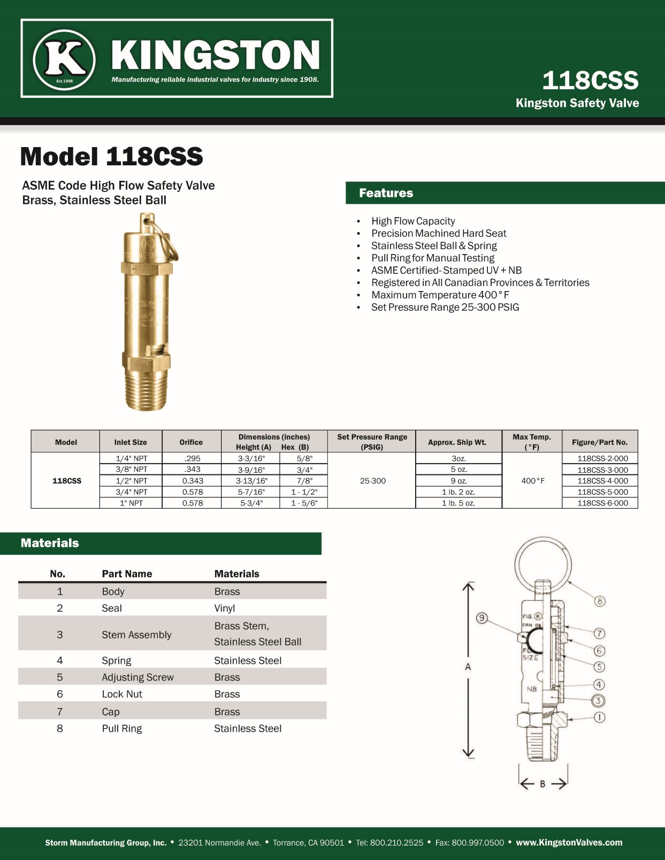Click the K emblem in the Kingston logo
click(x=64, y=59)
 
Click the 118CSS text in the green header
click(x=590, y=81)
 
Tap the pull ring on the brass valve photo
click(x=170, y=241)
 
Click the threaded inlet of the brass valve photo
click(x=147, y=390)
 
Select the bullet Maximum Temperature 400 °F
click(x=440, y=295)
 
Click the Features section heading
click(x=386, y=193)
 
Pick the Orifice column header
click(x=191, y=442)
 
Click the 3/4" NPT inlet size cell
click(x=131, y=492)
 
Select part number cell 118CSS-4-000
click(x=602, y=481)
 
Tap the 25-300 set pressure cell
click(x=372, y=481)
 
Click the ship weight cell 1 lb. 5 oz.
click(x=458, y=503)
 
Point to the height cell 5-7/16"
click(x=251, y=492)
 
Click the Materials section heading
click(x=50, y=543)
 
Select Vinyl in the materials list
click(x=225, y=608)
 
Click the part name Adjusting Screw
click(x=137, y=677)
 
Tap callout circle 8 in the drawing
click(x=600, y=601)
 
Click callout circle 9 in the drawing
click(x=482, y=618)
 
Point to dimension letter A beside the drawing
click(x=468, y=667)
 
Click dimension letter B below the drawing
click(x=542, y=784)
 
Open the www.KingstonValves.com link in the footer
click(x=569, y=842)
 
